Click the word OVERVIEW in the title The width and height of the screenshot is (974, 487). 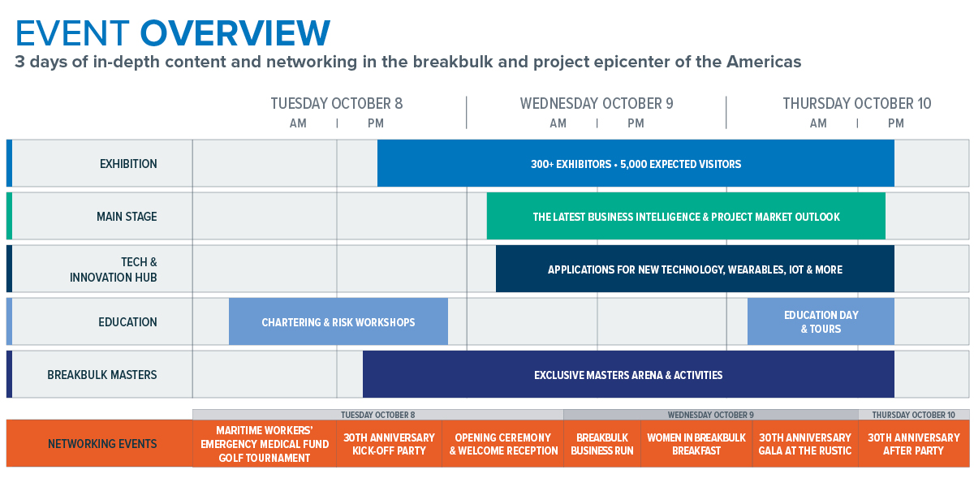pos(235,33)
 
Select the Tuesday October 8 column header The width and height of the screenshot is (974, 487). pos(337,104)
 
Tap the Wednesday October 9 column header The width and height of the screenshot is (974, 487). pos(597,104)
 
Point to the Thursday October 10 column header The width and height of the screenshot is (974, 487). pos(857,104)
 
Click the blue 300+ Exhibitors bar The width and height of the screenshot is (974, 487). pos(636,163)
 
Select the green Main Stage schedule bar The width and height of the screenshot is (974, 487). pos(686,216)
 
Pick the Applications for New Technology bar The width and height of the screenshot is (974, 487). pos(695,269)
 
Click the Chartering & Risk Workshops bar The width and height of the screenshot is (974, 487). pos(338,321)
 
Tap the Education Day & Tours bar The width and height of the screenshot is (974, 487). pos(821,321)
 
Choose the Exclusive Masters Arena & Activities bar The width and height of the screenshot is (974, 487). pos(628,374)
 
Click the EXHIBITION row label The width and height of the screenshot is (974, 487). pos(128,164)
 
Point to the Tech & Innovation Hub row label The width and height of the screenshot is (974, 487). pos(114,269)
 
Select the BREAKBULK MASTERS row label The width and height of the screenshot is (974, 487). pos(102,375)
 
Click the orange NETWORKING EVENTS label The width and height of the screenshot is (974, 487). pos(102,444)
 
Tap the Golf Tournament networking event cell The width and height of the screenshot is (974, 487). pos(265,444)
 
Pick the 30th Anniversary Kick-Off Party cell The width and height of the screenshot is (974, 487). pos(389,444)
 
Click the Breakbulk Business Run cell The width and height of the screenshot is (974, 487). pos(602,444)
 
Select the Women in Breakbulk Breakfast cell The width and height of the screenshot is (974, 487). pos(696,444)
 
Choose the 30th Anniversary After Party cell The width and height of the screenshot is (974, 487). pos(914,444)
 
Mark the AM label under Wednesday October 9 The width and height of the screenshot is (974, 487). pos(558,123)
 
